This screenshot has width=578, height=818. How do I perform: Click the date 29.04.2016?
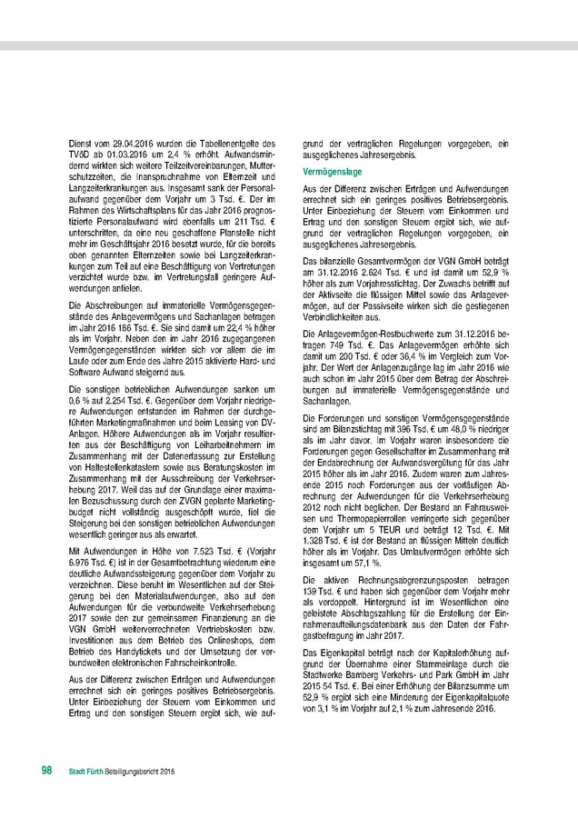pyautogui.click(x=134, y=144)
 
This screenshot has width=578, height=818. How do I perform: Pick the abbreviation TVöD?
pyautogui.click(x=80, y=154)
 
